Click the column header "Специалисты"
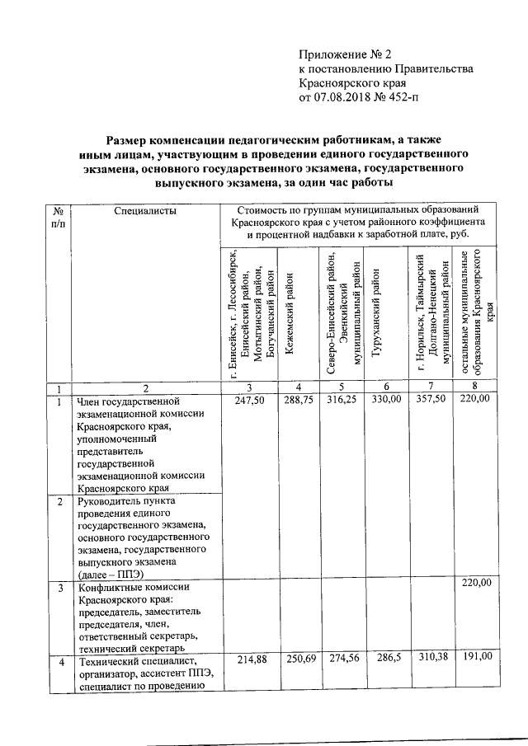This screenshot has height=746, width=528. (x=146, y=212)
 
